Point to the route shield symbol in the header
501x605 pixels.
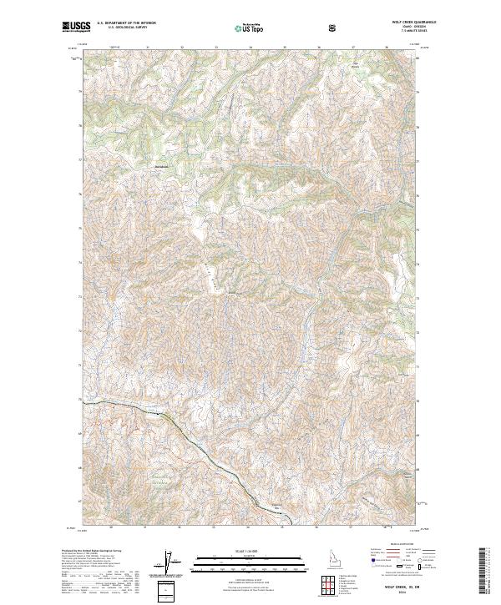[x=332, y=28]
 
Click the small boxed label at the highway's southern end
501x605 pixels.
[x=275, y=507]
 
